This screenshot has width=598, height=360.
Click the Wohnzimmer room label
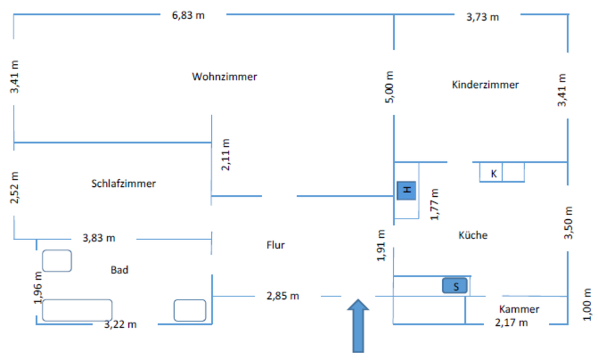pos(224,77)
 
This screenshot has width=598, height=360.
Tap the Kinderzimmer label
pos(485,85)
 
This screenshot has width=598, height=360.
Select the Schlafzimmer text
pos(123,184)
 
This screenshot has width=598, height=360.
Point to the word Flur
pos(275,245)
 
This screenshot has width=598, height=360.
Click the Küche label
pos(473,235)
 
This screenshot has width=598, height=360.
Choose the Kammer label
pos(519,309)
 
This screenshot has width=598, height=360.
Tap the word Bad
pos(120,270)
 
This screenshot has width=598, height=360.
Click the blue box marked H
pos(407,190)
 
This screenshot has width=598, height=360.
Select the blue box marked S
pos(455,286)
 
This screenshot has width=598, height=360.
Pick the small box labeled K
pos(493,173)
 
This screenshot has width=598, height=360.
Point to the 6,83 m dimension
pos(188,15)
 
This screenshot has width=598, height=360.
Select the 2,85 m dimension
pos(283,296)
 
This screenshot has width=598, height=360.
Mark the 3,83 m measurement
pos(99,238)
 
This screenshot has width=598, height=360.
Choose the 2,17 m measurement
pos(511,322)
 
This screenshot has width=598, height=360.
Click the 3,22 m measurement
pos(121,324)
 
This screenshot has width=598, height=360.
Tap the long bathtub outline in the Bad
pos(77,310)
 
